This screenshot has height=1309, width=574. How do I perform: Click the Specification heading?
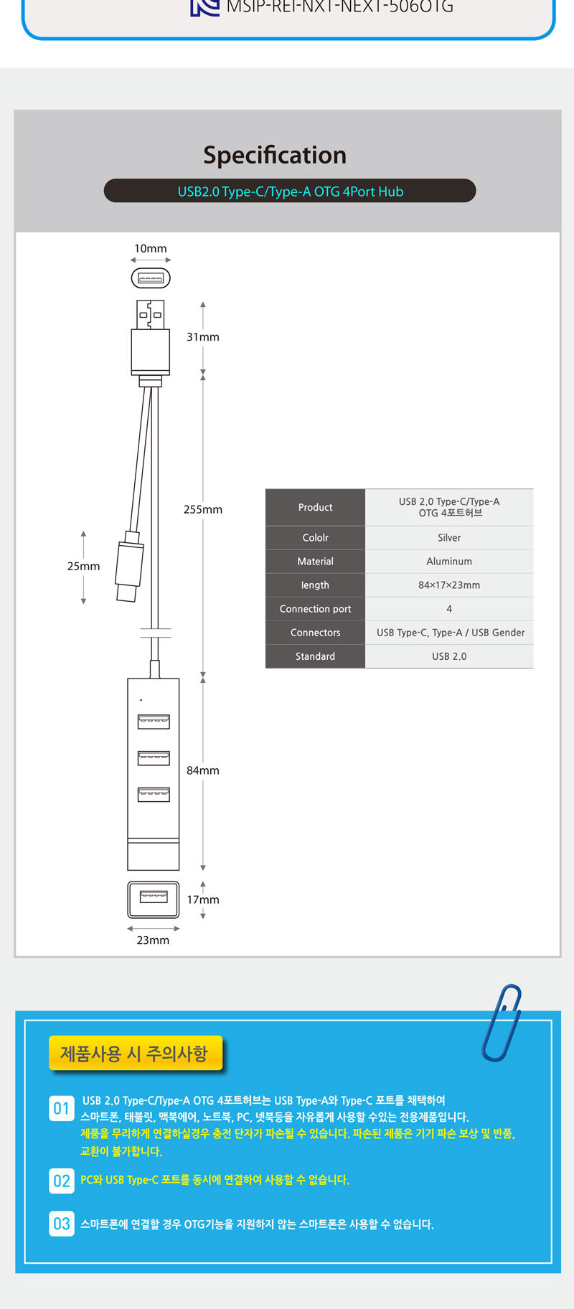(x=275, y=155)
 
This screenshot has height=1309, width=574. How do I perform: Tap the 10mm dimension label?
(x=151, y=249)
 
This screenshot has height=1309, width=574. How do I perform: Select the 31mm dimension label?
(x=203, y=337)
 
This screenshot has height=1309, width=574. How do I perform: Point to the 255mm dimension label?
(x=203, y=509)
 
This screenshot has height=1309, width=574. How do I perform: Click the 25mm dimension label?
(x=83, y=566)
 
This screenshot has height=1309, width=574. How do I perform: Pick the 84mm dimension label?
(x=203, y=770)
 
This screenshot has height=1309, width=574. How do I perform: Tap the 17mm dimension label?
(x=203, y=899)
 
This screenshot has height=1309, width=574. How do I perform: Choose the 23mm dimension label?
(x=154, y=940)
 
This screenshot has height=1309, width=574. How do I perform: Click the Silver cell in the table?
(x=449, y=538)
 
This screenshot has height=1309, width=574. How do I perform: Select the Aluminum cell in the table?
(x=449, y=562)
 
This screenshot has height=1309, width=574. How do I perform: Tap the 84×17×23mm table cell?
(x=449, y=585)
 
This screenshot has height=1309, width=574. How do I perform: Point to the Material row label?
(x=316, y=562)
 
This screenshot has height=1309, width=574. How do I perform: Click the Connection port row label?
(x=316, y=609)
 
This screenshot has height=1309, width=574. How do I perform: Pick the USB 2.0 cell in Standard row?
(x=449, y=656)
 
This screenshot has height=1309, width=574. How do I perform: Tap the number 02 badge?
(x=62, y=1181)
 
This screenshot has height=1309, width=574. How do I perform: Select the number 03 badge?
(x=62, y=1224)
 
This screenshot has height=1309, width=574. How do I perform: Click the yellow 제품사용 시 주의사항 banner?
(x=135, y=1054)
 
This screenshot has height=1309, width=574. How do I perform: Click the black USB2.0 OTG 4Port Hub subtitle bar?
(x=290, y=192)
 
